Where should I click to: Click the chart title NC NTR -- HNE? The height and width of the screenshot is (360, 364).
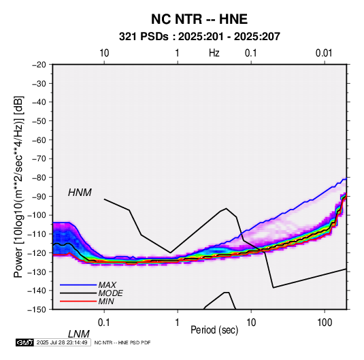(199, 19)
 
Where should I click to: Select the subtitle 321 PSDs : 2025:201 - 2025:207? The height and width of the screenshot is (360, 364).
(199, 37)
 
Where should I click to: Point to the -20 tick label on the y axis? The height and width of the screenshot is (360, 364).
(39, 65)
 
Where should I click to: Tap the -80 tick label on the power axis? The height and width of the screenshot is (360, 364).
(39, 178)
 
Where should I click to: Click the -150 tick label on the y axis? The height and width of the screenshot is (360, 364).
(37, 310)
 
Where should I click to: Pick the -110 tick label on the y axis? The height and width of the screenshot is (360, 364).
(37, 234)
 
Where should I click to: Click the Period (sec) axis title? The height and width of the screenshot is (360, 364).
(214, 330)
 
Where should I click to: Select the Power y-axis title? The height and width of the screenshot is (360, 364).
(18, 186)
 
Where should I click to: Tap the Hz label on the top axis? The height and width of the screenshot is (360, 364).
(214, 53)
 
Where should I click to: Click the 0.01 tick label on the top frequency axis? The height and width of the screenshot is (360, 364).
(324, 53)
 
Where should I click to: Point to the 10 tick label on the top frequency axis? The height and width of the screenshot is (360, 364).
(104, 53)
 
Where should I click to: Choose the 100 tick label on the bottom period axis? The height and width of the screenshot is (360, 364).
(325, 323)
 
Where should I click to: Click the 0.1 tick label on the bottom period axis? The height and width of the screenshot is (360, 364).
(104, 323)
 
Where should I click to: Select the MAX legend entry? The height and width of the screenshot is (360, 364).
(107, 284)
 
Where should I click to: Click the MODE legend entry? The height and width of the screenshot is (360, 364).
(110, 293)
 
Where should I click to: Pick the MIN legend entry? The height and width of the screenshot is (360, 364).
(106, 301)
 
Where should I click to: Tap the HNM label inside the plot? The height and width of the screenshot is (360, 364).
(80, 193)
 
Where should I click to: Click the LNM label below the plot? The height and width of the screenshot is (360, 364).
(78, 334)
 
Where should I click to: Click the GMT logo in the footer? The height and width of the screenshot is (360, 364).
(24, 342)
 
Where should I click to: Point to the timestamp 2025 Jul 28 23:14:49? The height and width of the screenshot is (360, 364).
(62, 342)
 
